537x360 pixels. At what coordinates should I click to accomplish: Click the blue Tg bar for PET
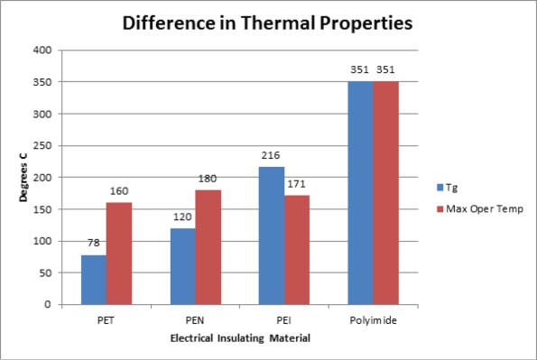(94, 280)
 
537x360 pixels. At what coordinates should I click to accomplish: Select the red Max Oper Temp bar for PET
(119, 254)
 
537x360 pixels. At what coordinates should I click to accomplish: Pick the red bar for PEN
(208, 247)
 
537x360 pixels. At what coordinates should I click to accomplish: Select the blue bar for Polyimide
(360, 193)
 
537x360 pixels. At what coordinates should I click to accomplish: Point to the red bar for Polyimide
(385, 193)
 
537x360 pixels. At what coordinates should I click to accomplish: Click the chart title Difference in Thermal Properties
(268, 24)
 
